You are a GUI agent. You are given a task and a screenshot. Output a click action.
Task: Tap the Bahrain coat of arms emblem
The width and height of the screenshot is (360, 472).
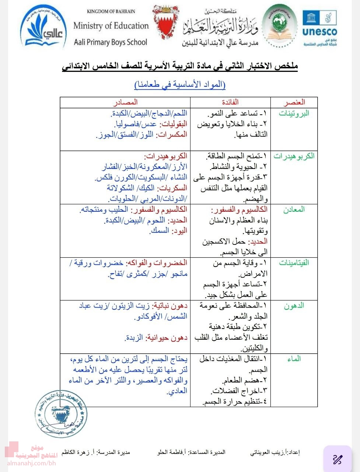(166, 24)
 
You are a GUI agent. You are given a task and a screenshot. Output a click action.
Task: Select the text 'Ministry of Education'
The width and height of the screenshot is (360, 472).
(111, 26)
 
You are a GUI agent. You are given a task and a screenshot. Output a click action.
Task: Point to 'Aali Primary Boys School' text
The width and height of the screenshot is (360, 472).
(111, 42)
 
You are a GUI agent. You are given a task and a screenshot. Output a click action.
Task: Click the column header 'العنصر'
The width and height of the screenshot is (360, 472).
(294, 102)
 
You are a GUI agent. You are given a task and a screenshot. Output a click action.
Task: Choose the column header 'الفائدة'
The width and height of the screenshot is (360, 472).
(230, 102)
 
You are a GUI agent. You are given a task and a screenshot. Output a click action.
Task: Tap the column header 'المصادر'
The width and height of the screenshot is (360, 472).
(125, 102)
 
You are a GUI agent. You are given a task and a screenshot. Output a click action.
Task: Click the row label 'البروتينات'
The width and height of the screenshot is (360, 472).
(294, 113)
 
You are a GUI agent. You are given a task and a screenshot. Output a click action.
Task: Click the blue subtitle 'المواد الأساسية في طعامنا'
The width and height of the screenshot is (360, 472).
(180, 84)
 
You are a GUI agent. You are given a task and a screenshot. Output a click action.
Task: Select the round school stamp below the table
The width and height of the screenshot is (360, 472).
(61, 413)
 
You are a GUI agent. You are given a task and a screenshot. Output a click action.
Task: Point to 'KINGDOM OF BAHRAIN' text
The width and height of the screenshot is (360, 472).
(111, 11)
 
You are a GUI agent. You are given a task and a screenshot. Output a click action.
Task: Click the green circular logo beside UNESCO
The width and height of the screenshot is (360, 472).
(280, 26)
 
